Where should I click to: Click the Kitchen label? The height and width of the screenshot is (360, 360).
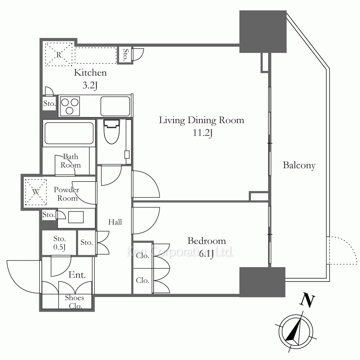90,73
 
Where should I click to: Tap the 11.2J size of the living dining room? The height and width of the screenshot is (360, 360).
202,133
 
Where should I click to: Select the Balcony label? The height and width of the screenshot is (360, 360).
299,165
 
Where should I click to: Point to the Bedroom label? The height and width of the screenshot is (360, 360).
207,241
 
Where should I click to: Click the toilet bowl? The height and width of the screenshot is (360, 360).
112,131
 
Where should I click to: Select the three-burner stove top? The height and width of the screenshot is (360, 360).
70,106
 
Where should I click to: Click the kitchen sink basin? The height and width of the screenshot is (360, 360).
115,106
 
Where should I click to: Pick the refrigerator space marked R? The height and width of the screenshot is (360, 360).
59,54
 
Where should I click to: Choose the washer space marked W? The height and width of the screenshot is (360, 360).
36,192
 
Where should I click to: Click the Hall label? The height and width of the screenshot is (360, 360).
115,222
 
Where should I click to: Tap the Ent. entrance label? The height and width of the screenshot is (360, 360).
77,275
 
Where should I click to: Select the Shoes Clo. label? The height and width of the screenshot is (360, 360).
74,302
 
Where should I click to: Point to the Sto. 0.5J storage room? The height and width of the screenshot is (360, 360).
59,243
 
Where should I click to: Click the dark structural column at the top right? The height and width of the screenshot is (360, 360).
263,32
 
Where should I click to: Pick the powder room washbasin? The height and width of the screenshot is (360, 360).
76,217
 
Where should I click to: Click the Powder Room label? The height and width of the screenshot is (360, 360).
67,194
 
